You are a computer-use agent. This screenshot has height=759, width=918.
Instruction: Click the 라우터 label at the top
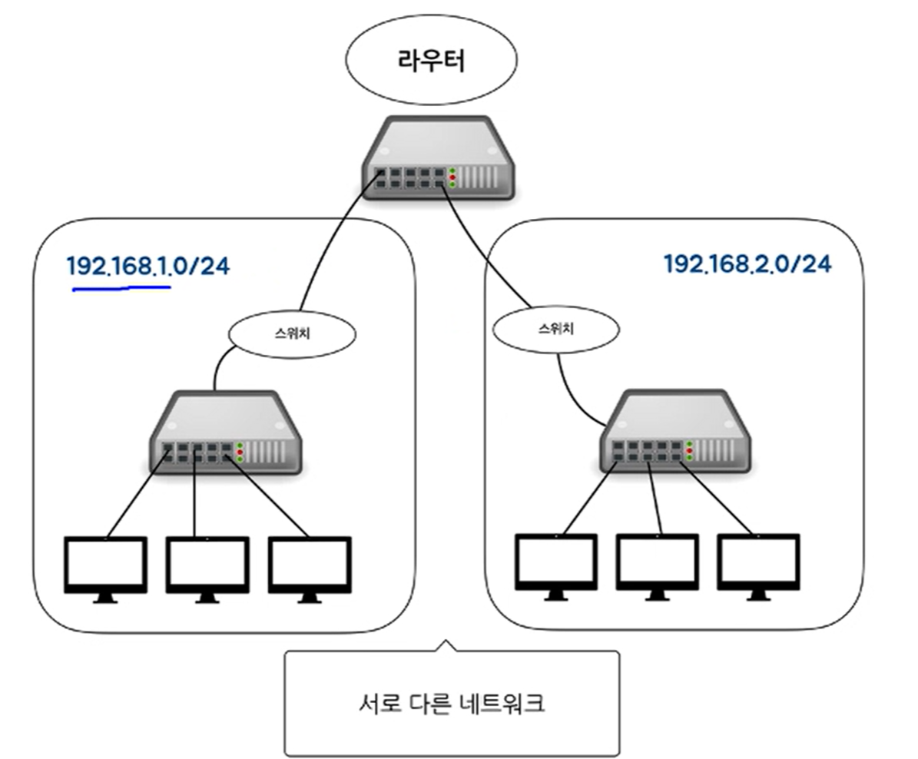(431, 61)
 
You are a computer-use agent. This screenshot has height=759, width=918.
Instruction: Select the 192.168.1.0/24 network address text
(148, 266)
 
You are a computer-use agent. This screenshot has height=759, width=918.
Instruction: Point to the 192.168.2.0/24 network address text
(747, 263)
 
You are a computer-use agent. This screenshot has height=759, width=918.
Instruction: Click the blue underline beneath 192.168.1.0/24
(121, 289)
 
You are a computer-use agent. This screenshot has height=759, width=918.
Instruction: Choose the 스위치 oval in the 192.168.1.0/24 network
(293, 333)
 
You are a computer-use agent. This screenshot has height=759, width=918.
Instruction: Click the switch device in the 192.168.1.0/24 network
(225, 435)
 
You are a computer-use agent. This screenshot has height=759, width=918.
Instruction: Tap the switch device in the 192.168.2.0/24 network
(674, 432)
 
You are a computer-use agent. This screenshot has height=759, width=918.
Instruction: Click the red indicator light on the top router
(452, 177)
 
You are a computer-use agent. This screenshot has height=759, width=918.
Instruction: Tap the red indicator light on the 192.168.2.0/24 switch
(689, 450)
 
